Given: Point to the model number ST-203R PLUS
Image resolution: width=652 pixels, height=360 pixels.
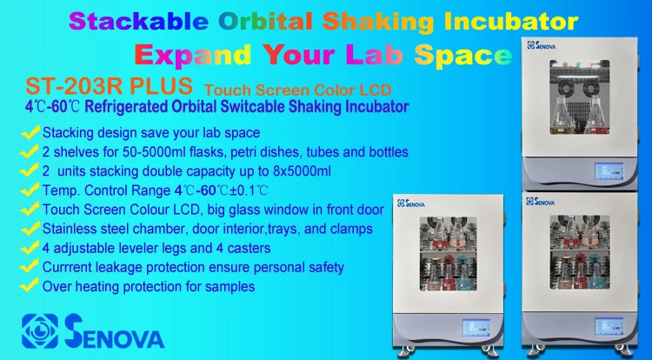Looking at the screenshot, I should (108, 89).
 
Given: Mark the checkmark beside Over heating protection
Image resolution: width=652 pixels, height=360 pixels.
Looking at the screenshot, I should (30, 285).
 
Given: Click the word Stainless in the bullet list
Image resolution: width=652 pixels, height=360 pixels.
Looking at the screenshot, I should (72, 228).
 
